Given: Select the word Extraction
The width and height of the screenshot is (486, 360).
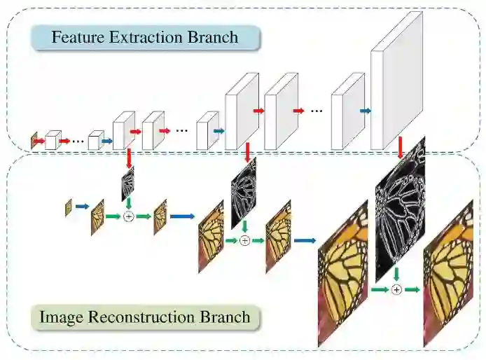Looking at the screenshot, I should [x=144, y=37].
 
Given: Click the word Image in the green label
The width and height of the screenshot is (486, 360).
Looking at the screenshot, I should [x=61, y=317].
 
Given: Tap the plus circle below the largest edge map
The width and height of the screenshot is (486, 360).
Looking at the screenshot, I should [x=396, y=289].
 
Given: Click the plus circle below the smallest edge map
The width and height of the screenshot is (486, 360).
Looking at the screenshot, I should [x=128, y=217].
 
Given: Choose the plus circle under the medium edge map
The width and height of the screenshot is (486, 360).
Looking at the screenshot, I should [x=244, y=240].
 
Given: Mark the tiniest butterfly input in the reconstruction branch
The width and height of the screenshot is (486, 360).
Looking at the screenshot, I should [x=69, y=207].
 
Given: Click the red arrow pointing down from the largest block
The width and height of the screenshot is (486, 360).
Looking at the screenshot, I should [x=400, y=147].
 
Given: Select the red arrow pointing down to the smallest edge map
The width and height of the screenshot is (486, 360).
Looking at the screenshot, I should [x=129, y=158].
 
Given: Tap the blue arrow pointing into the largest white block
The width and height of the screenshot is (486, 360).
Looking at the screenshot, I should [x=364, y=110].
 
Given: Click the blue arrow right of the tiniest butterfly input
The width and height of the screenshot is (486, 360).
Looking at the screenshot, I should [x=82, y=207].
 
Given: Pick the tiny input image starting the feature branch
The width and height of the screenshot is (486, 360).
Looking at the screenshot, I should [x=34, y=141].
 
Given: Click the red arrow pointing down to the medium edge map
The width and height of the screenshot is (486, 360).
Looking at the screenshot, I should [x=248, y=151].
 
